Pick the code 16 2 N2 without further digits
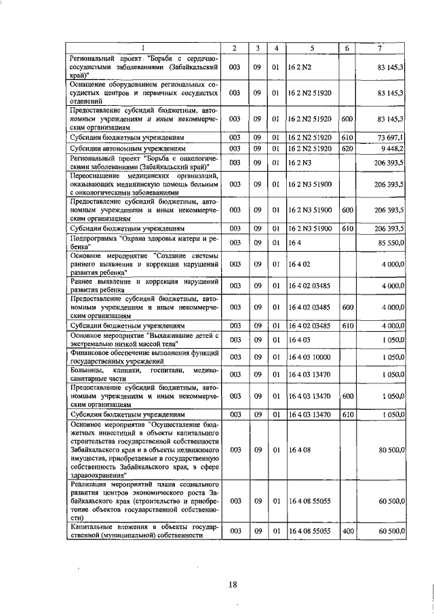(298, 68)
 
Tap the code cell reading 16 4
(293, 242)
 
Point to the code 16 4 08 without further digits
(298, 449)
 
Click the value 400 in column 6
(348, 530)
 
